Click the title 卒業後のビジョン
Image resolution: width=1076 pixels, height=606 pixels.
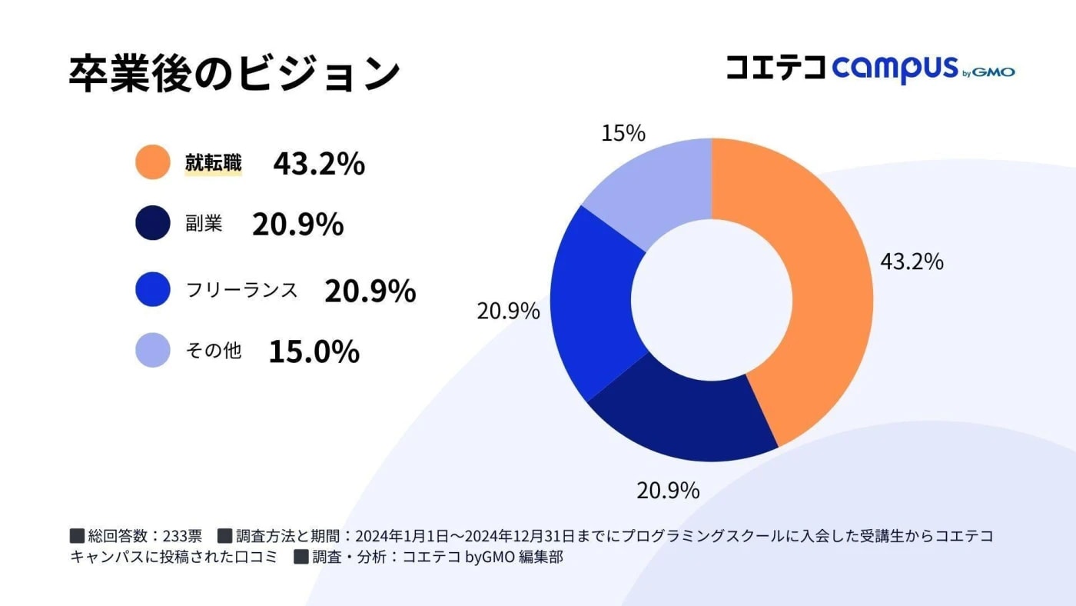pos(234,74)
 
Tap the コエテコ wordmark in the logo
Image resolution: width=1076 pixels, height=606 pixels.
pos(775,68)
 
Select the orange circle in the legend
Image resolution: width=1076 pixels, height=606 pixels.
pos(152,162)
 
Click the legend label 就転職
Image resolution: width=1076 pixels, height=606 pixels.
pos(213,163)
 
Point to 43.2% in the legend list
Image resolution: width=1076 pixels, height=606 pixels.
pos(318,164)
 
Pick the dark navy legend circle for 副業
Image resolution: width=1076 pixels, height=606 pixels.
pos(152,224)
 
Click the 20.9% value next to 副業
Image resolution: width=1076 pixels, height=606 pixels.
pos(297,225)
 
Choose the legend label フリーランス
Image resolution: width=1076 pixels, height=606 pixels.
pos(241,290)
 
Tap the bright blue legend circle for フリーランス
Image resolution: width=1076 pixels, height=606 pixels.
pos(152,290)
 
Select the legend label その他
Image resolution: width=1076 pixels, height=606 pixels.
pos(213,351)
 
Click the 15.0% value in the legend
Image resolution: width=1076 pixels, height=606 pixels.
pos(314,351)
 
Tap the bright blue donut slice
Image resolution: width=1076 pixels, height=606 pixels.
pos(596,308)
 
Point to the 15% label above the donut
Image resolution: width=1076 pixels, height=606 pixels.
pos(623,134)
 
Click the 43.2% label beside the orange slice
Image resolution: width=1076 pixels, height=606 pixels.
pos(912,262)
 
